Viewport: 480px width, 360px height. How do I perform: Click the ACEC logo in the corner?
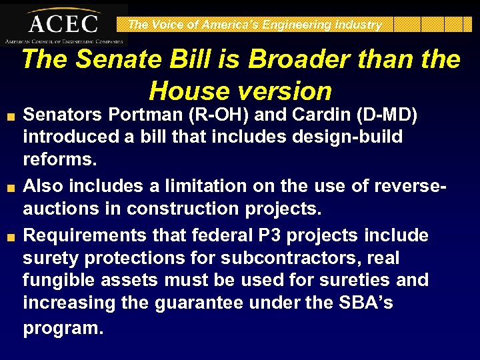[63, 24]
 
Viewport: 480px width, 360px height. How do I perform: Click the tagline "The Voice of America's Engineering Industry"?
[255, 25]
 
